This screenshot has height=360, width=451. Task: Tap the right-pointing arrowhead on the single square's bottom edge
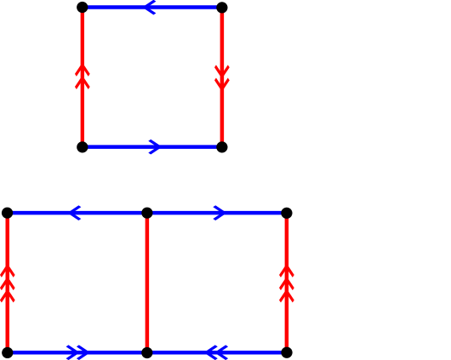tap(155, 146)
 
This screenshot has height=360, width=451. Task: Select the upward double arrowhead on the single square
tap(83, 77)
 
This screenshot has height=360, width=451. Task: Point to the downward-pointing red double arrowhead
tap(222, 77)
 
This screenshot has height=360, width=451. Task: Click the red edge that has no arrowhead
tap(147, 283)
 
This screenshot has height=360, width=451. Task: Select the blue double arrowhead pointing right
tap(77, 352)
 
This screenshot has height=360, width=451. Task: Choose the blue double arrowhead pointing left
tap(216, 352)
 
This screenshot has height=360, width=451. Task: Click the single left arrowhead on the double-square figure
tap(74, 213)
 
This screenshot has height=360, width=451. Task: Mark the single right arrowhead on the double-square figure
tap(220, 213)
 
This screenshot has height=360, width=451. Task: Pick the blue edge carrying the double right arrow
tap(43, 352)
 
